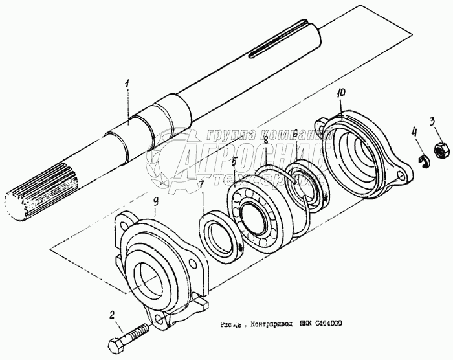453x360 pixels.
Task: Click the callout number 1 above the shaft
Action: [x=128, y=84]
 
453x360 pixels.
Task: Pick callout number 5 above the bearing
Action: [x=235, y=161]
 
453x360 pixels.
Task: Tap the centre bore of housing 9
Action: [x=150, y=280]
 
